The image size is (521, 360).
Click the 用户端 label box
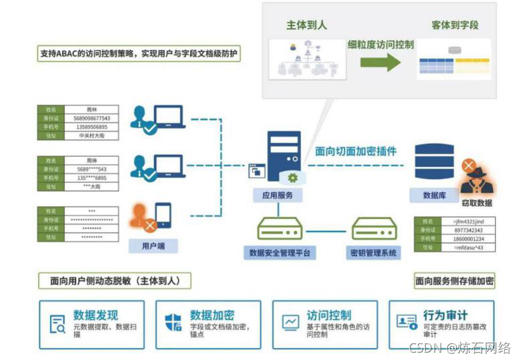coord(148,246)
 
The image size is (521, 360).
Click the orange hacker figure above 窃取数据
coord(476,176)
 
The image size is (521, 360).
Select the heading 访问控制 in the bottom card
coord(329,314)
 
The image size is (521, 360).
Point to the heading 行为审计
coord(445,314)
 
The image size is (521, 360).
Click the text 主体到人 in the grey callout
coord(307,26)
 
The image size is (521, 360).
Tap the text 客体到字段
coord(455,26)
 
